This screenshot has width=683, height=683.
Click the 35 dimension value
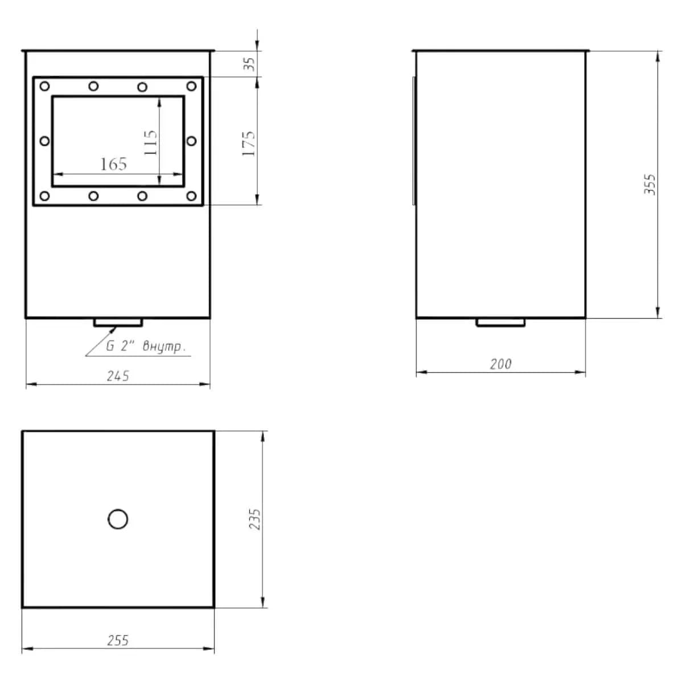tap(250, 64)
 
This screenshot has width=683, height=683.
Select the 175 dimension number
tap(249, 143)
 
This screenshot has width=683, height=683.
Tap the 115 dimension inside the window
tap(151, 142)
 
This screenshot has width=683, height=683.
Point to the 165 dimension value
tap(113, 164)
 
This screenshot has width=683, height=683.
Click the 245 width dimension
tap(118, 376)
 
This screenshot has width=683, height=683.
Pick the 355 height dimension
tap(649, 184)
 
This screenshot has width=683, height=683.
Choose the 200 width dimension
tap(500, 364)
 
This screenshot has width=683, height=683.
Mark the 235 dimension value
tap(254, 519)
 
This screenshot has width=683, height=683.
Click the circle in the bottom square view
tap(118, 519)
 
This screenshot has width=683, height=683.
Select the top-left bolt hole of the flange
tap(44, 86)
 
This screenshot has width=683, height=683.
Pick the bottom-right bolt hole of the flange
tap(191, 196)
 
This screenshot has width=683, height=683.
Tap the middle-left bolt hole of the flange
tap(44, 141)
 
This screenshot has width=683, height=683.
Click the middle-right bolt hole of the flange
tap(191, 141)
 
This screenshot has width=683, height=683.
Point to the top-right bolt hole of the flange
tap(191, 86)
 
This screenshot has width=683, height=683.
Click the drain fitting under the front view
tap(118, 323)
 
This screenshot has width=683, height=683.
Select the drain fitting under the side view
tap(500, 323)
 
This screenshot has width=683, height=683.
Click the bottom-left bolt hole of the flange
tap(44, 196)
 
